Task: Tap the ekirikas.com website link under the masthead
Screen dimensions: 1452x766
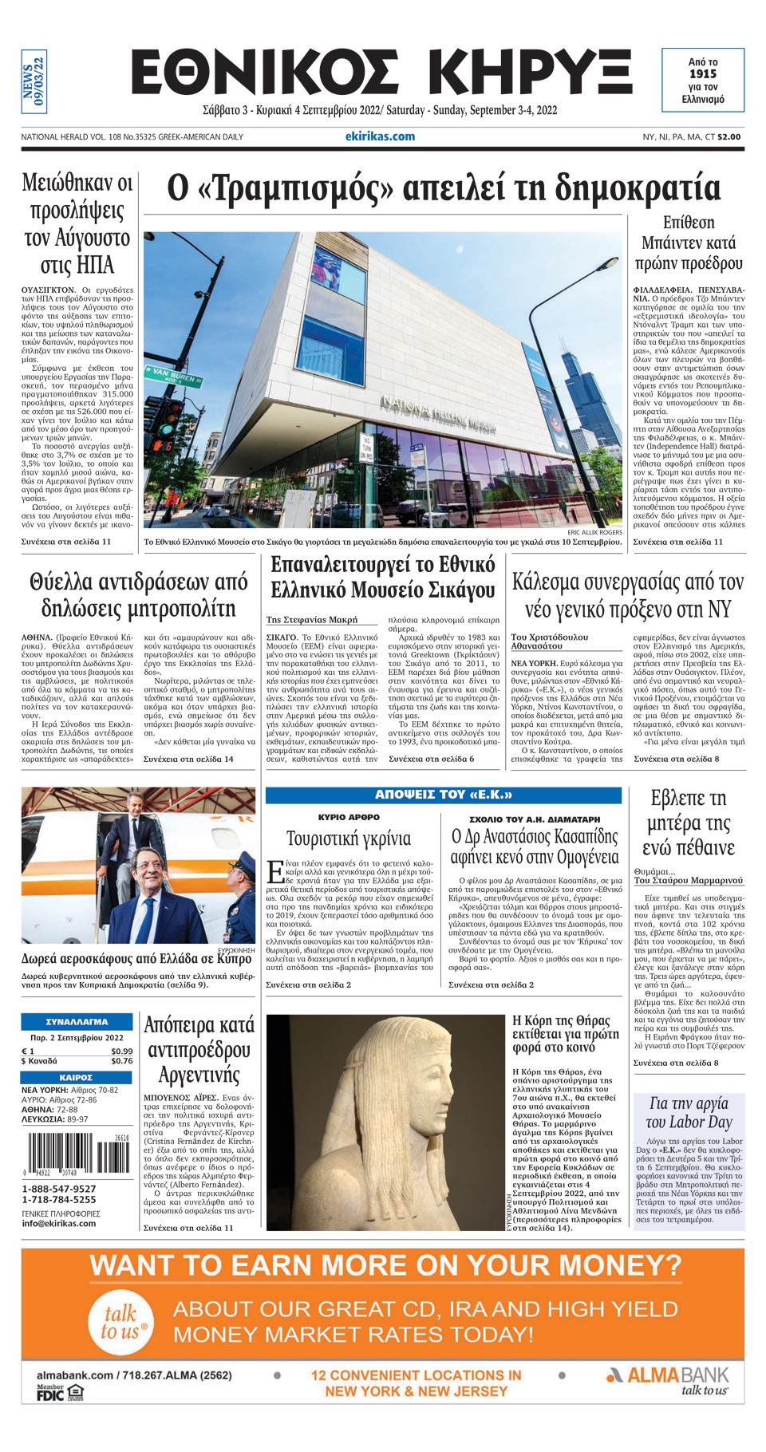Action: tap(380, 136)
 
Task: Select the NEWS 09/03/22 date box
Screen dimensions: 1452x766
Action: tap(34, 81)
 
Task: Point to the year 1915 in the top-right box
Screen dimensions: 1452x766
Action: tap(702, 74)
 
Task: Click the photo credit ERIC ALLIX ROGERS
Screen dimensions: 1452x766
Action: tap(594, 532)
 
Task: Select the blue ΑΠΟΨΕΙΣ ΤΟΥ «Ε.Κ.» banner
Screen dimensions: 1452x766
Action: tap(443, 795)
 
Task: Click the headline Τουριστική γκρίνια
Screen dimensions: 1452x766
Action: tap(349, 838)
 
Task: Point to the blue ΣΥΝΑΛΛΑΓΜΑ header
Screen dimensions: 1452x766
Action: tap(77, 1021)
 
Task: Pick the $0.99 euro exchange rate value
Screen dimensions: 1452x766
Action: tap(121, 1052)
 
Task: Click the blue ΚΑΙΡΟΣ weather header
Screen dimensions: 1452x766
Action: tap(77, 1077)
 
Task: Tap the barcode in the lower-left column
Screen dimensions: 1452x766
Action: tap(77, 1154)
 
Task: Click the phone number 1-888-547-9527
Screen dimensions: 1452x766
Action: tap(59, 1189)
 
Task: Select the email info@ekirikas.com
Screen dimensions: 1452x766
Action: tap(59, 1223)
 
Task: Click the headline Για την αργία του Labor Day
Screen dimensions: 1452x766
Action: tap(689, 1112)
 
